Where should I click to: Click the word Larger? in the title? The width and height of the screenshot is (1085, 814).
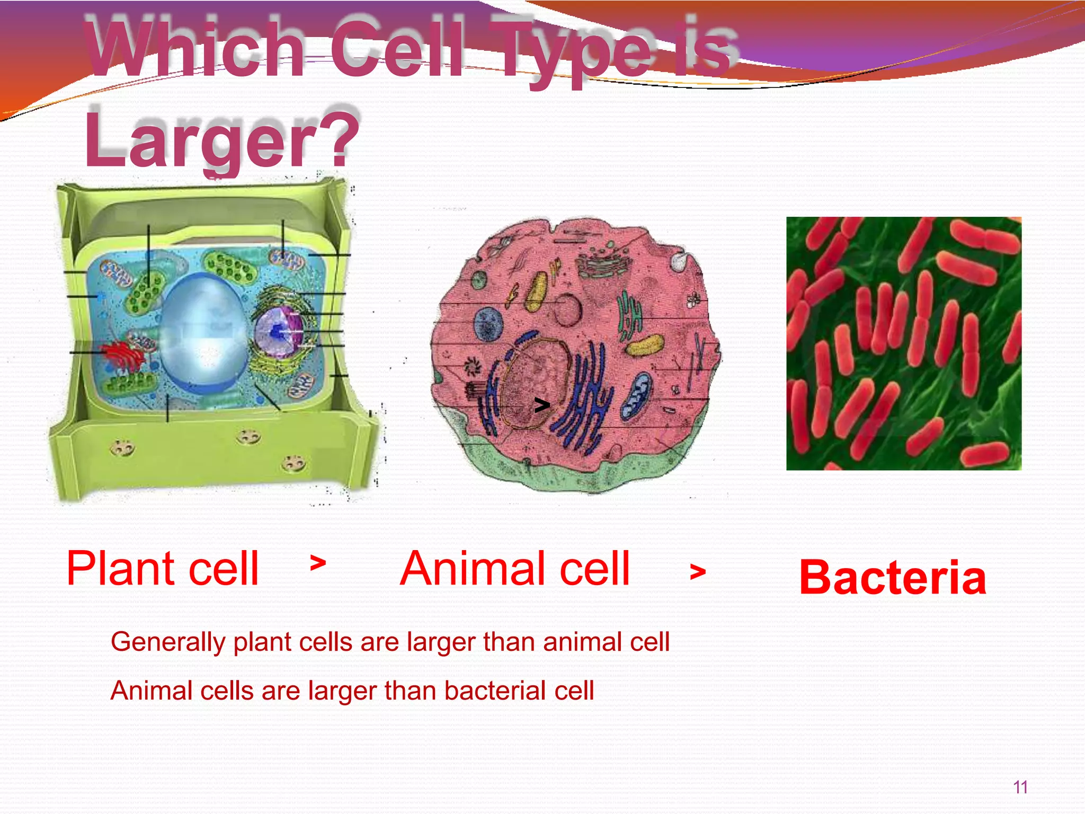pos(223,139)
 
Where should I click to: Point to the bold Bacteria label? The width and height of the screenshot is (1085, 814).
pos(893,578)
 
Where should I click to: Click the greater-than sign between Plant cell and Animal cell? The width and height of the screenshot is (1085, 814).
pos(318,563)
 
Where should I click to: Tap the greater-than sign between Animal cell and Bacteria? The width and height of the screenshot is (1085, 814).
pos(698,572)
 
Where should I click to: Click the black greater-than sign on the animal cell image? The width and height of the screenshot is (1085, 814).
pos(541,406)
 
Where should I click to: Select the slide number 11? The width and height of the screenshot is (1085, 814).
pos(1020,788)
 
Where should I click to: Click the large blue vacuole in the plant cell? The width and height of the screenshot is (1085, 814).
pos(204,334)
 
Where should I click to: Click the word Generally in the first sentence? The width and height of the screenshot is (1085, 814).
pos(168,642)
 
